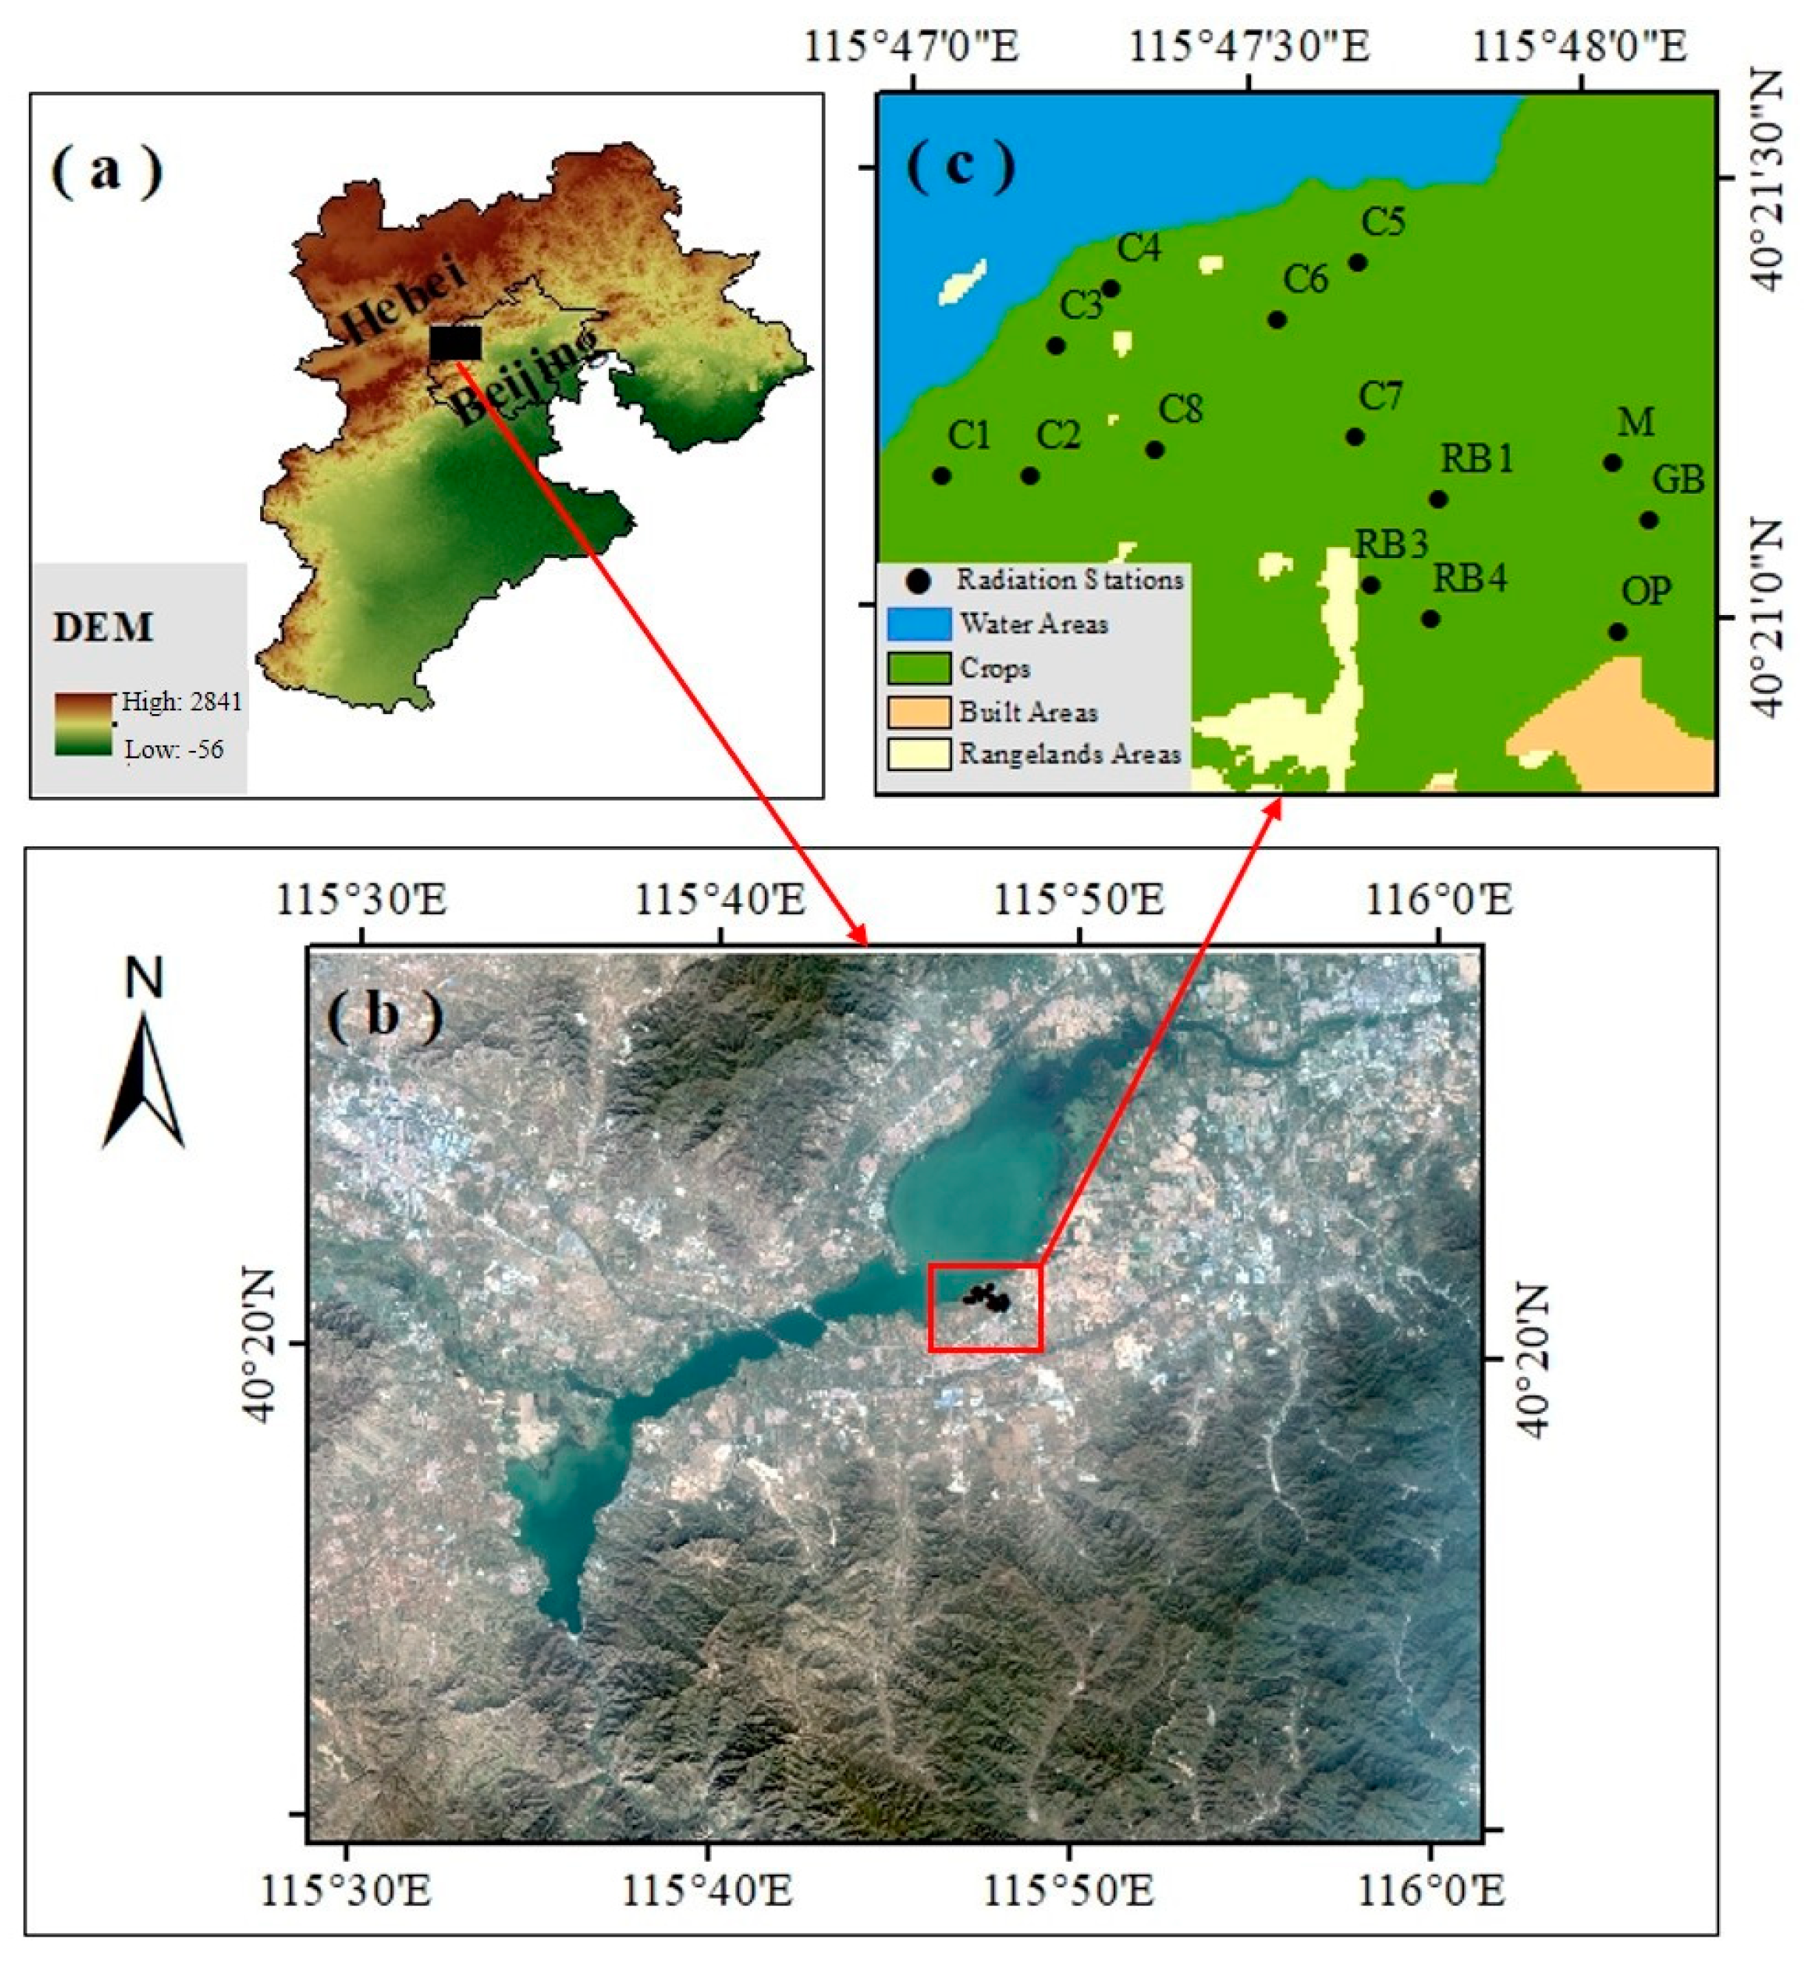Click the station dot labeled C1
click(941, 476)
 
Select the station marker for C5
click(1357, 262)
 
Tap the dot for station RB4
click(1430, 619)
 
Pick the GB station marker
click(1649, 520)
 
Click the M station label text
click(1636, 423)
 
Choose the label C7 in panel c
click(1381, 397)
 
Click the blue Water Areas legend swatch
click(919, 624)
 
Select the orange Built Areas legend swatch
click(919, 712)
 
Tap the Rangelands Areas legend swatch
click(919, 755)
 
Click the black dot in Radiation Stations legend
click(918, 581)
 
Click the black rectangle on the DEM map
click(455, 344)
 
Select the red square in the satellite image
click(985, 1308)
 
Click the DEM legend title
click(103, 628)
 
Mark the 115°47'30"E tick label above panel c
click(1248, 47)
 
